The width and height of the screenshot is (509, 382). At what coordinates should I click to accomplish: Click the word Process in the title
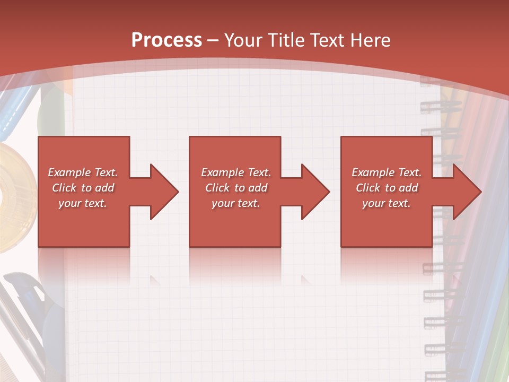point(166,40)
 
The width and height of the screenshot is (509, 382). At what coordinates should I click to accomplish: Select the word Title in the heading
point(286,40)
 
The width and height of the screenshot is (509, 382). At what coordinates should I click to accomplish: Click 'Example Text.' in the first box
point(83,172)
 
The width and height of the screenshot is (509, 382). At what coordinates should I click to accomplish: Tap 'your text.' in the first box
point(83,203)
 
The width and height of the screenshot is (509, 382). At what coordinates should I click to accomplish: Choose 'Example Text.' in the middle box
point(235,172)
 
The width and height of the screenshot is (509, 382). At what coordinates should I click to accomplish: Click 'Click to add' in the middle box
point(235,188)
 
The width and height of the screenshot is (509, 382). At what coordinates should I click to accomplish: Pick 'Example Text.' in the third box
point(387,172)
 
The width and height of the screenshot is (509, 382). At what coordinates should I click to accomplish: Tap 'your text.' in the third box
point(387,203)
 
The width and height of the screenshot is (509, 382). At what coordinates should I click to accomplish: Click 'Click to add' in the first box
point(83,188)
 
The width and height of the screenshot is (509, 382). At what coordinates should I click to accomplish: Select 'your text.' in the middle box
point(235,203)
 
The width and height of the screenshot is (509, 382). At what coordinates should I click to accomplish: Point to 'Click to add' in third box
point(387,188)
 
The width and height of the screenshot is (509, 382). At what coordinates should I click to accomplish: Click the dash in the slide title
point(213,41)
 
